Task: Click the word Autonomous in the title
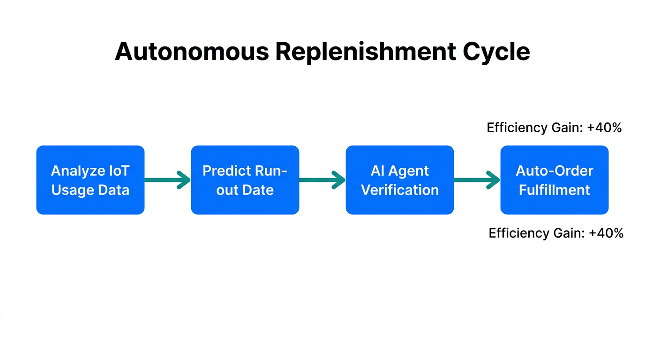pyautogui.click(x=192, y=52)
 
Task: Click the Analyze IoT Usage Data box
pyautogui.click(x=90, y=180)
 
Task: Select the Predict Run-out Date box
pyautogui.click(x=245, y=180)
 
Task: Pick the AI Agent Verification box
pyautogui.click(x=400, y=180)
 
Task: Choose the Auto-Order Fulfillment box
pyautogui.click(x=555, y=180)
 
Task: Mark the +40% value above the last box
pyautogui.click(x=604, y=127)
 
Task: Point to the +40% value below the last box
pyautogui.click(x=606, y=233)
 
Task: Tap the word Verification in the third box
pyautogui.click(x=400, y=190)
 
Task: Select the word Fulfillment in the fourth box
pyautogui.click(x=555, y=190)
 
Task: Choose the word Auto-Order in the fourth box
pyautogui.click(x=555, y=171)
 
